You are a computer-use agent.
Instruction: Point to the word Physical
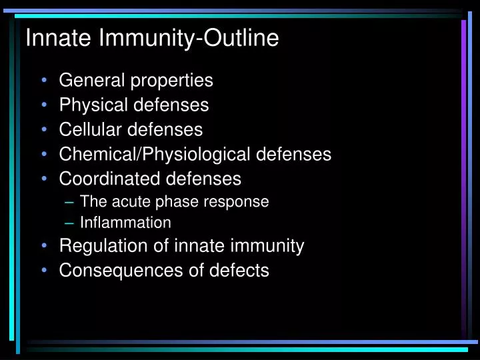pos(90,105)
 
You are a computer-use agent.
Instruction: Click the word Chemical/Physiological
pos(155,155)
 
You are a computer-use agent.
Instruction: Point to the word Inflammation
pos(125,223)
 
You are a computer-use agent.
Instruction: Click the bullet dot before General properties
pos(44,81)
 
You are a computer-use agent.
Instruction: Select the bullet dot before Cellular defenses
pos(44,130)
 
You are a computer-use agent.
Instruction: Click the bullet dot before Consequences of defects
pos(44,271)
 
